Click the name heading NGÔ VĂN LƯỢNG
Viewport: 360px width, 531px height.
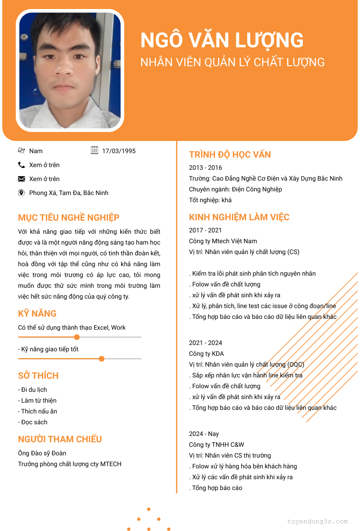pos(222,41)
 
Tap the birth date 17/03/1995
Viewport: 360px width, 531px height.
pos(119,151)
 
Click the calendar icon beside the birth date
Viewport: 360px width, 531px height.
pos(94,150)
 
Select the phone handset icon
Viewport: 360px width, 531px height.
pos(22,165)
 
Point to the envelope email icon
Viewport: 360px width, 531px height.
pos(22,179)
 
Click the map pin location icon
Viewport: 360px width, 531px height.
pos(22,193)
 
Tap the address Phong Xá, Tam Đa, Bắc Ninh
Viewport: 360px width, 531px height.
pos(69,193)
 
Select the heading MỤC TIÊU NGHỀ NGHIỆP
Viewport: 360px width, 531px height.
pos(69,218)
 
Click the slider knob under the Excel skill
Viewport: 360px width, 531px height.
pos(77,337)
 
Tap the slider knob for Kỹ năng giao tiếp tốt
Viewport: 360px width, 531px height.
pos(102,359)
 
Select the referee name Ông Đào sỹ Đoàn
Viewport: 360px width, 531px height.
pos(42,453)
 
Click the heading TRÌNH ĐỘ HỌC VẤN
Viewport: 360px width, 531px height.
pos(230,154)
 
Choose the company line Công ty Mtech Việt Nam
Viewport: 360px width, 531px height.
pos(223,241)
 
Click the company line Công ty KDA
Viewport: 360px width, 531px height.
pos(207,354)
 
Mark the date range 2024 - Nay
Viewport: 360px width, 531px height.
pos(204,434)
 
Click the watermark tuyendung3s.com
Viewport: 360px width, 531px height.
pos(317,522)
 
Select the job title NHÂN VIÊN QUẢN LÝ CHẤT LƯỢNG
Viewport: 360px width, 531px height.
pos(233,62)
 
